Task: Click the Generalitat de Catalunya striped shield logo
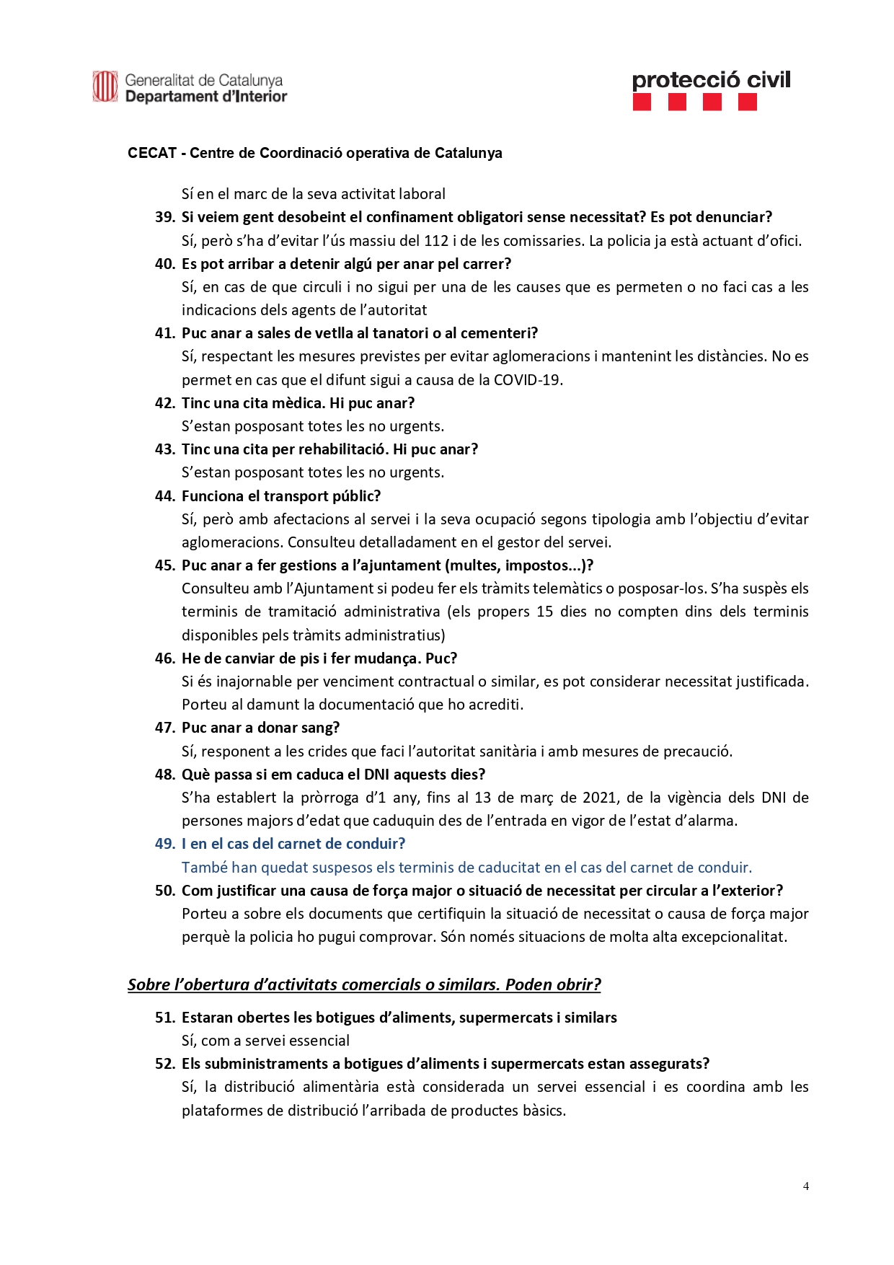click(105, 87)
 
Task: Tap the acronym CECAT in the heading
click(152, 153)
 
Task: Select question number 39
click(165, 217)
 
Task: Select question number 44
click(165, 496)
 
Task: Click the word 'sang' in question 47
click(322, 728)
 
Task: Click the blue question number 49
click(165, 844)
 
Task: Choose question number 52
click(165, 1064)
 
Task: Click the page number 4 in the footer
click(805, 1186)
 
